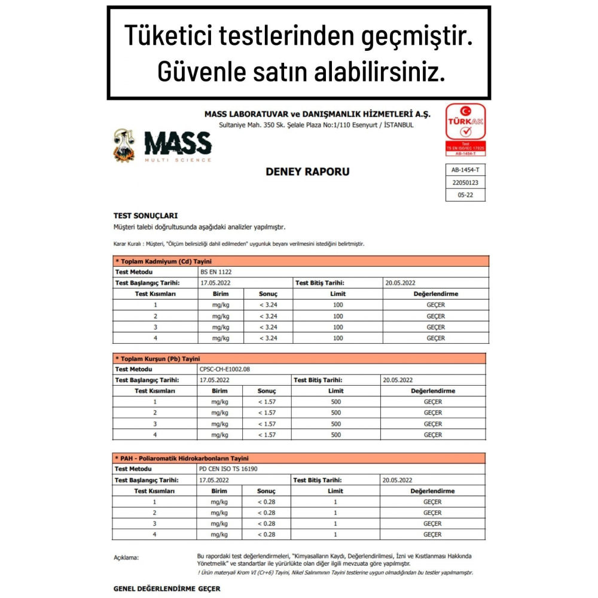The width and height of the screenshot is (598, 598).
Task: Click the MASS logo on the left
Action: coord(163,146)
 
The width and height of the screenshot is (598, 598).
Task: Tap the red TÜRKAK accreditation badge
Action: coord(466,130)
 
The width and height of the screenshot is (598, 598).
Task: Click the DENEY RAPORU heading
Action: coord(307,172)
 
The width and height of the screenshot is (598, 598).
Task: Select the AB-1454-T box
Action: coord(465,170)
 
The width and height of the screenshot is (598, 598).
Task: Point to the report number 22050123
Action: coord(465,182)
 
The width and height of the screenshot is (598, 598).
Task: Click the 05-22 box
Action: coord(465,194)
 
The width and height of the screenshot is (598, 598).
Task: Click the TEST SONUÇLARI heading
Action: coord(145,215)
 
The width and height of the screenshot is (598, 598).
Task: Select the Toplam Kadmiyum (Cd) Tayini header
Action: coord(163,261)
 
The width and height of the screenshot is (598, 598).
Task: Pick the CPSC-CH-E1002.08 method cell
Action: coord(224,369)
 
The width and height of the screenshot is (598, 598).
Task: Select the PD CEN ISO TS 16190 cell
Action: coord(230,469)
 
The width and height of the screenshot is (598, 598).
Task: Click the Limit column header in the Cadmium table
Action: coord(337,294)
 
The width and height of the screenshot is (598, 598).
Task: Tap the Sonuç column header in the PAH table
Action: coord(267,491)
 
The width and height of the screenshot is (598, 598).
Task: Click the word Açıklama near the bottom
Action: coord(126,557)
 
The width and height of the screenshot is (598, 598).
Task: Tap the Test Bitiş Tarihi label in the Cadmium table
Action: coord(318,283)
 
